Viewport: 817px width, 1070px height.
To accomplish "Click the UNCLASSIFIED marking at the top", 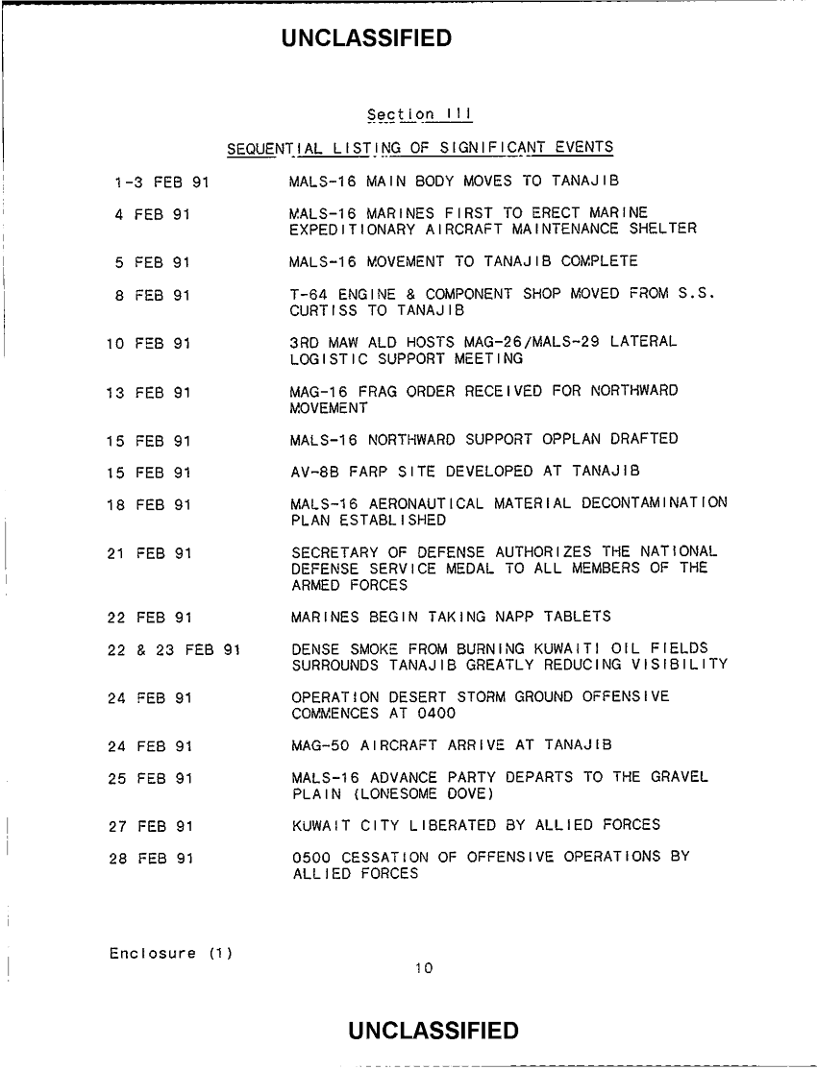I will (366, 38).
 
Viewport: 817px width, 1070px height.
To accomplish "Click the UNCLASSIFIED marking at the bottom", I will (434, 1032).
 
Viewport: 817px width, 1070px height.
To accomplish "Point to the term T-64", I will (309, 294).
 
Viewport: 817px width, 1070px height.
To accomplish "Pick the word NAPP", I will (504, 616).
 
